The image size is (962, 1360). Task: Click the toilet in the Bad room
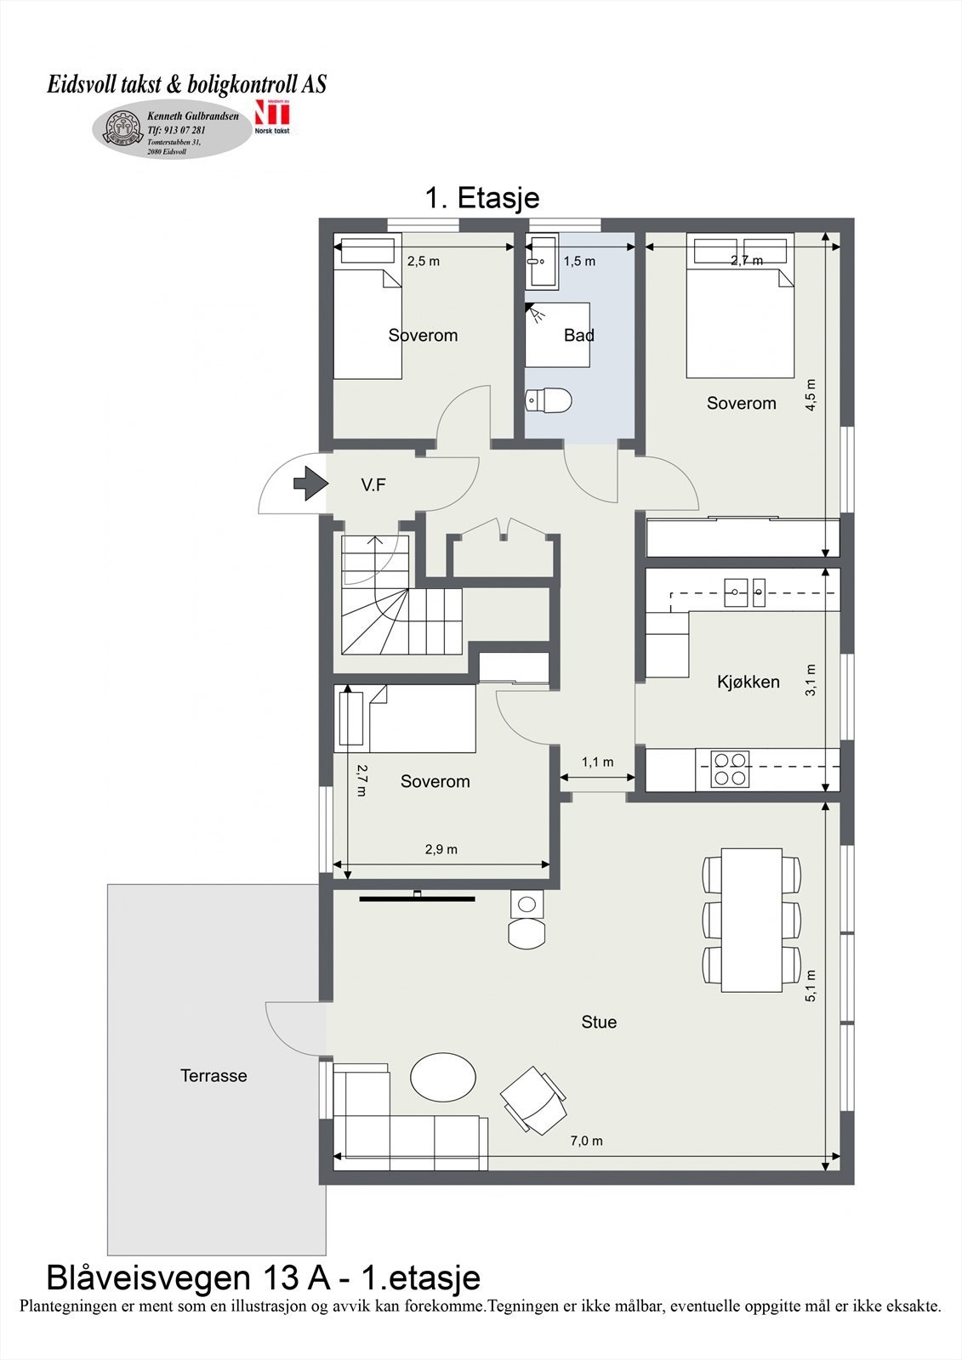pyautogui.click(x=548, y=399)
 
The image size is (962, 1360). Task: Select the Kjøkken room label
pyautogui.click(x=748, y=682)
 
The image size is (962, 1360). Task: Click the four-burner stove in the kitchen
pyautogui.click(x=731, y=768)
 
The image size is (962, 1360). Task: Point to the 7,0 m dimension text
pyautogui.click(x=586, y=1141)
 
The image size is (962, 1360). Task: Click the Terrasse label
pyautogui.click(x=213, y=1075)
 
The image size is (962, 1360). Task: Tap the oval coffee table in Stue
pyautogui.click(x=442, y=1077)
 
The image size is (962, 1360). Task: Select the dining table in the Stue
pyautogui.click(x=751, y=920)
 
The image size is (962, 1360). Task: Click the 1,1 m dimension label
pyautogui.click(x=597, y=762)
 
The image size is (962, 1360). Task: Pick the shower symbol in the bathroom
pyautogui.click(x=535, y=313)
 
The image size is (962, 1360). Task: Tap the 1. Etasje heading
pyautogui.click(x=481, y=198)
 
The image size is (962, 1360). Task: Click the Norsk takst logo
pyautogui.click(x=272, y=118)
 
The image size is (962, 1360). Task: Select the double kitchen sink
pyautogui.click(x=746, y=592)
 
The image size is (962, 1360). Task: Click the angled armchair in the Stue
pyautogui.click(x=532, y=1100)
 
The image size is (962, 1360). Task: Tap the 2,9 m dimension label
pyautogui.click(x=441, y=849)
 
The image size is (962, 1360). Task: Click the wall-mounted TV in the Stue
pyautogui.click(x=417, y=896)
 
